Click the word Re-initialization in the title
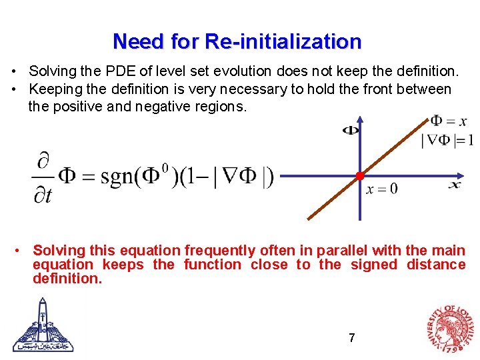tap(283, 41)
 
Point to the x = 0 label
tap(381, 189)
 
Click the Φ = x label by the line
tap(448, 121)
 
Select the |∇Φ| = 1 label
tap(447, 139)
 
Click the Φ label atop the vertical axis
tap(350, 130)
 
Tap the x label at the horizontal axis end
tap(455, 184)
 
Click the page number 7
tap(351, 338)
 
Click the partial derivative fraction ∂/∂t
tap(44, 177)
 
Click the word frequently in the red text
tap(219, 251)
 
